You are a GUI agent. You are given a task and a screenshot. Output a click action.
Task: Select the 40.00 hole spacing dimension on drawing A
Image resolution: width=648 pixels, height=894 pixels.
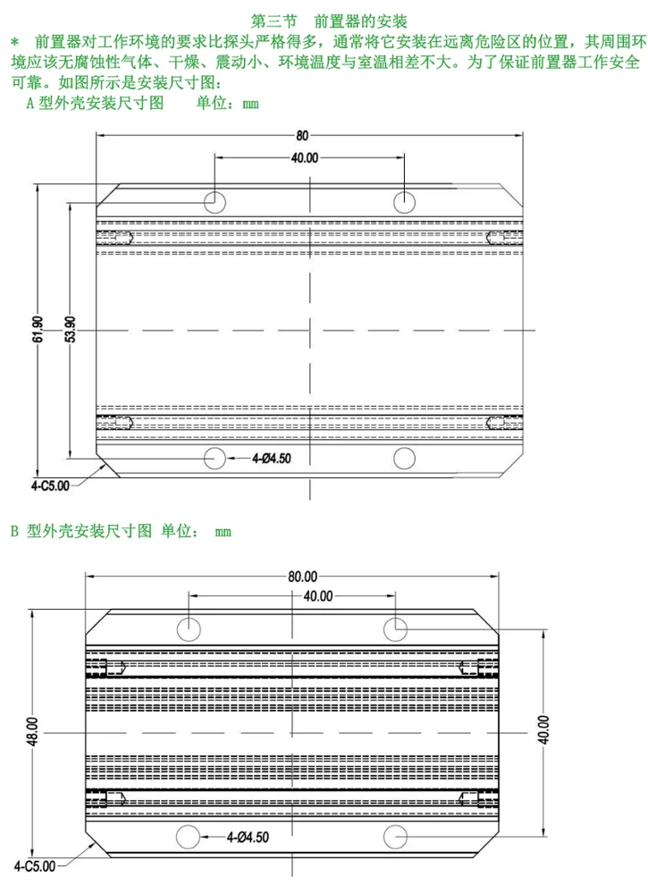click(x=304, y=158)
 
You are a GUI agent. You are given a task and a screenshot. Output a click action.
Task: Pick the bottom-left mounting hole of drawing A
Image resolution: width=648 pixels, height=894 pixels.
click(x=215, y=459)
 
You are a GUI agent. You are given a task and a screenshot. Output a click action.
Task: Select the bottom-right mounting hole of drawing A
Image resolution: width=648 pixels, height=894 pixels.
click(x=405, y=459)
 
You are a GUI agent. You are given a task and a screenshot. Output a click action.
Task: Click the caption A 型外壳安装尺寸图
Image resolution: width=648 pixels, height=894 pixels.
click(x=95, y=104)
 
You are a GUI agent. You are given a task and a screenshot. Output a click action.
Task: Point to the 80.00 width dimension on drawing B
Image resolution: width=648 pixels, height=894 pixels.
click(x=303, y=577)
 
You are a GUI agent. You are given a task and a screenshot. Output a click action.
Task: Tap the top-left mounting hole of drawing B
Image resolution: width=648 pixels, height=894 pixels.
click(x=190, y=628)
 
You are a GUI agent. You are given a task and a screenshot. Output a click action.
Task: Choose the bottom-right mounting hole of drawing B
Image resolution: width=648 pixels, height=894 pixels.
click(x=395, y=837)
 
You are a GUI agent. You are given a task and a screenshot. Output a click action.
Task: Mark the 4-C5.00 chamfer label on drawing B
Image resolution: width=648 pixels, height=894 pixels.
click(x=35, y=866)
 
